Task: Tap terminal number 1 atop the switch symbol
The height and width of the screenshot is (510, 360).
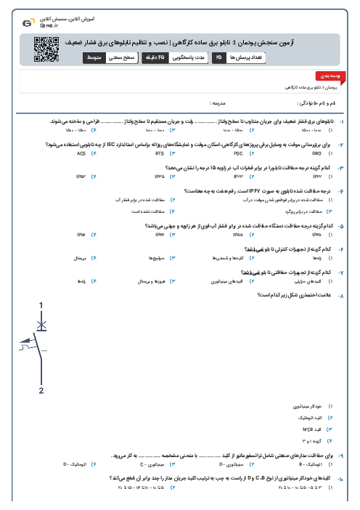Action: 41,305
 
